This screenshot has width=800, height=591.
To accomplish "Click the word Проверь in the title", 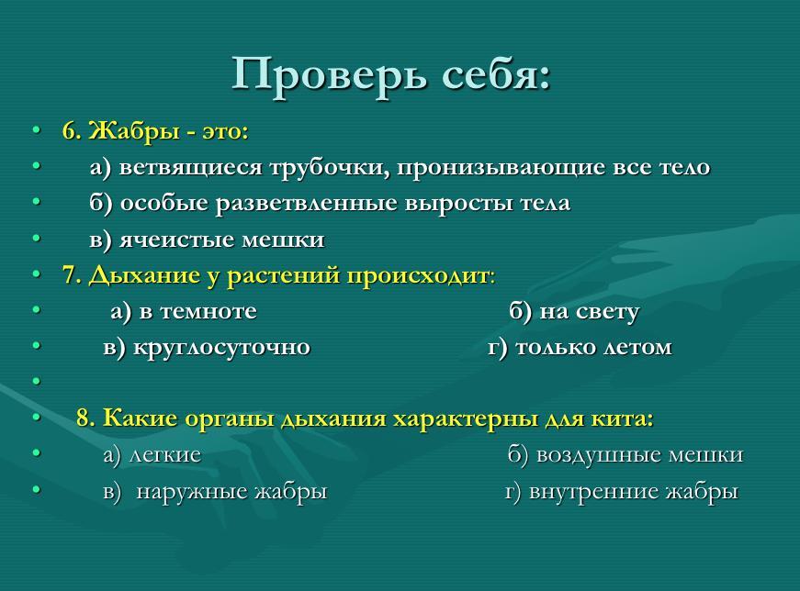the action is point(329,75).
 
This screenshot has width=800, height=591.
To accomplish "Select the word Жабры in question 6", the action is point(135,131).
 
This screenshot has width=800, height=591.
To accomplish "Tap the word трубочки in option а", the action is point(330,168).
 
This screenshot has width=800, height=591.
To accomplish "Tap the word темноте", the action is point(208,311).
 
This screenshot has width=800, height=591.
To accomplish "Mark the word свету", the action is point(606,312).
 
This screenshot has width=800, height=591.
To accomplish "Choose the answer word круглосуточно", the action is point(221,347).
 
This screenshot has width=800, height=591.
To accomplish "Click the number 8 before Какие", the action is point(85,418).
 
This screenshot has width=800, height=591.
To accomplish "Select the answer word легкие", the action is point(165,455).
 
